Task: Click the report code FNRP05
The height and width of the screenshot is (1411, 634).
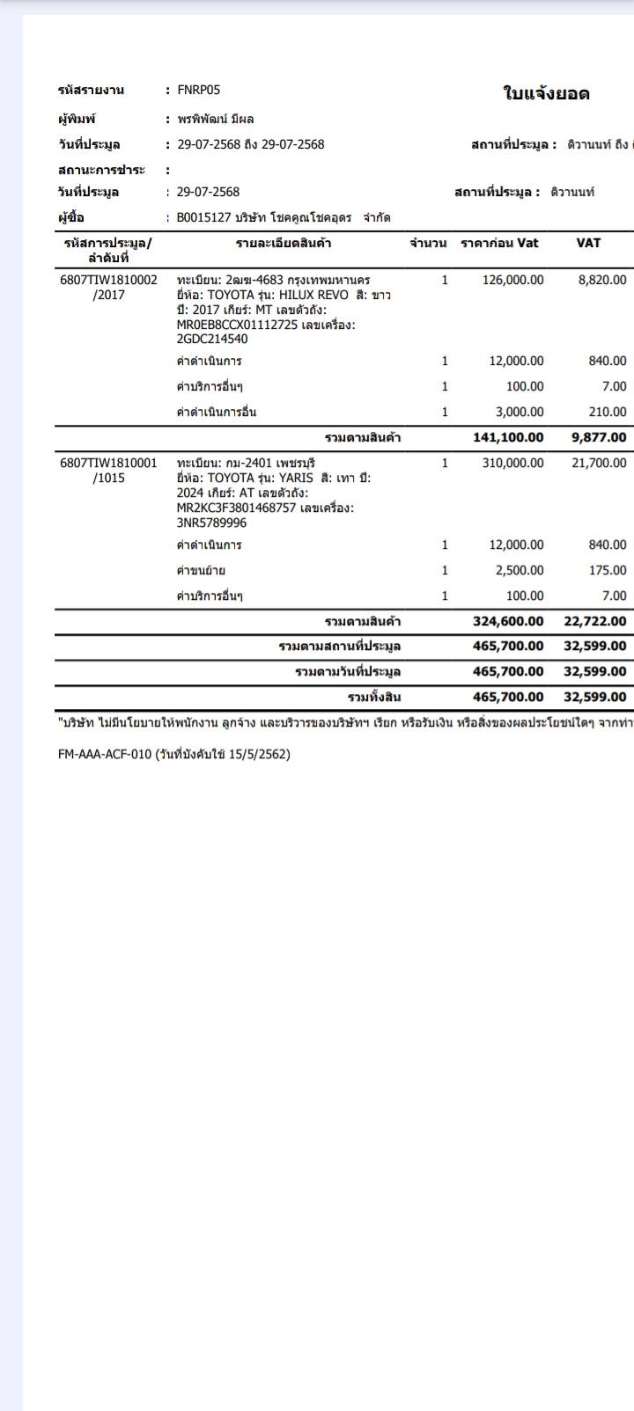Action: pyautogui.click(x=198, y=90)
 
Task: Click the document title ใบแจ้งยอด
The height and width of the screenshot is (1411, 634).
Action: pyautogui.click(x=546, y=94)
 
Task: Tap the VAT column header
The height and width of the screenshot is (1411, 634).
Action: pyautogui.click(x=588, y=243)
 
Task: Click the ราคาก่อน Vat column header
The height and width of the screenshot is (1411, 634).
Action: pyautogui.click(x=499, y=243)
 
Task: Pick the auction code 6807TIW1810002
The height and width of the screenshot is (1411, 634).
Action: pyautogui.click(x=108, y=280)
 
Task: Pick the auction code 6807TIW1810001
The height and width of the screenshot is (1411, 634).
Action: pyautogui.click(x=108, y=463)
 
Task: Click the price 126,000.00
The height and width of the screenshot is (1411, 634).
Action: pyautogui.click(x=512, y=280)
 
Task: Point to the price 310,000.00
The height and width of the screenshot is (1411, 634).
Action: pyautogui.click(x=512, y=463)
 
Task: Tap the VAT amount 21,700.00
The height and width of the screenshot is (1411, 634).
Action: pyautogui.click(x=599, y=463)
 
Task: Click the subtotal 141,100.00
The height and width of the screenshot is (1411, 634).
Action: pyautogui.click(x=508, y=437)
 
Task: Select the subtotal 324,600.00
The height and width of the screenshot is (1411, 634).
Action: pyautogui.click(x=508, y=621)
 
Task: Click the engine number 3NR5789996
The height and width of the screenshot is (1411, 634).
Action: pyautogui.click(x=211, y=523)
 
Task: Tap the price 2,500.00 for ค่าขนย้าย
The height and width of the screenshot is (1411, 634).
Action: pyautogui.click(x=520, y=570)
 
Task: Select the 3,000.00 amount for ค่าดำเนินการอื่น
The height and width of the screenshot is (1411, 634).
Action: pyautogui.click(x=520, y=412)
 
